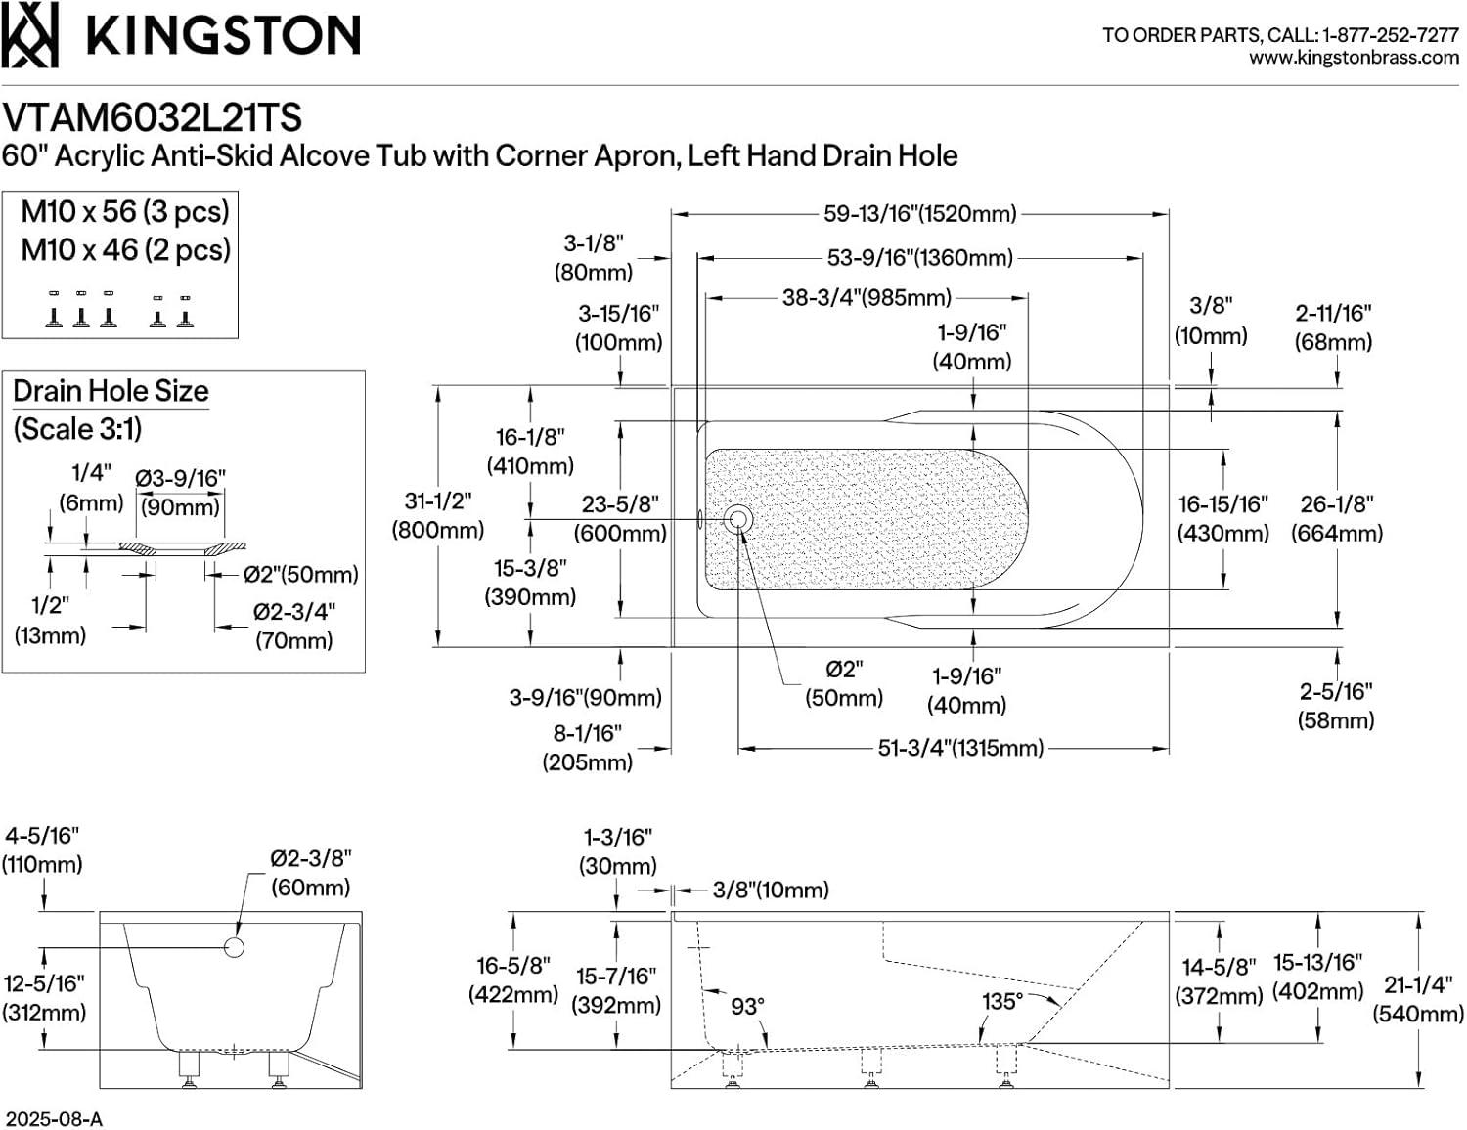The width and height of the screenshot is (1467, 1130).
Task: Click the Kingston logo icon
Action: [x=29, y=35]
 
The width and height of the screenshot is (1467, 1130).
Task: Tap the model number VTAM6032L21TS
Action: [x=152, y=118]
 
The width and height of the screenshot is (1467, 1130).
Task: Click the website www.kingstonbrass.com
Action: [x=1354, y=58]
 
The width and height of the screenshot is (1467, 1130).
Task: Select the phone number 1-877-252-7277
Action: [x=1390, y=35]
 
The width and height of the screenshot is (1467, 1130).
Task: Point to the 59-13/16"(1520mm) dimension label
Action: [x=919, y=214]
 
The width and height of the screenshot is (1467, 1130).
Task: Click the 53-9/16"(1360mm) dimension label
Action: [x=919, y=258]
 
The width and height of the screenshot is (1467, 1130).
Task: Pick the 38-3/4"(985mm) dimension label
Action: [x=866, y=298]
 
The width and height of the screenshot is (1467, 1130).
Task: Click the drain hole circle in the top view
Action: [x=738, y=519]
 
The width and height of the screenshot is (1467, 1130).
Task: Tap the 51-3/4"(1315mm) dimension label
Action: [x=960, y=749]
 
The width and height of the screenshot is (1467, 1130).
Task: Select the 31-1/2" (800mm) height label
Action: [x=437, y=515]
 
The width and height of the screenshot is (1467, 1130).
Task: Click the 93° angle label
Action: [x=747, y=1006]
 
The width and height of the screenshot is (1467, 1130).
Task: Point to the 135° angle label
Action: [x=1001, y=1002]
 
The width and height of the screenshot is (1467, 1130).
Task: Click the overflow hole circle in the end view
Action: [x=234, y=946]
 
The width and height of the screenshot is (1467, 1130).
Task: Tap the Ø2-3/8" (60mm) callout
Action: [x=310, y=872]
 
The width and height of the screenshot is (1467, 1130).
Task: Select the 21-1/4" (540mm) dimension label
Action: [x=1423, y=999]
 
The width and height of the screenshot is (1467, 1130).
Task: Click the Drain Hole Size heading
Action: [x=111, y=391]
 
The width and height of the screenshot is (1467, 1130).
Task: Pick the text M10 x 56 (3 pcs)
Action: [x=125, y=211]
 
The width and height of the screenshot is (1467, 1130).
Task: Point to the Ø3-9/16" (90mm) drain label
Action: [x=180, y=492]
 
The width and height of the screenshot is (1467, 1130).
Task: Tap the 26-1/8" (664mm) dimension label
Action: [x=1336, y=518]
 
